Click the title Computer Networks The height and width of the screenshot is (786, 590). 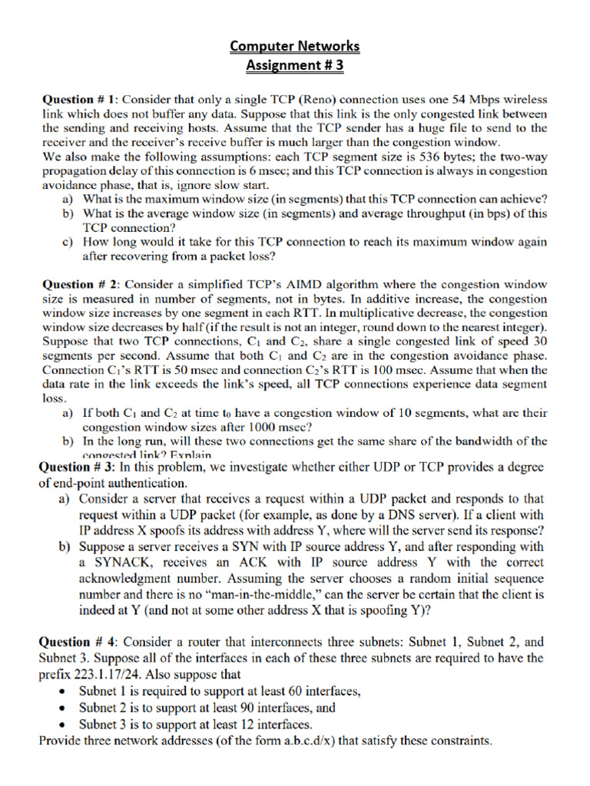coord(295,47)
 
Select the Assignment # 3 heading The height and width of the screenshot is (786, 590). coord(295,66)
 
